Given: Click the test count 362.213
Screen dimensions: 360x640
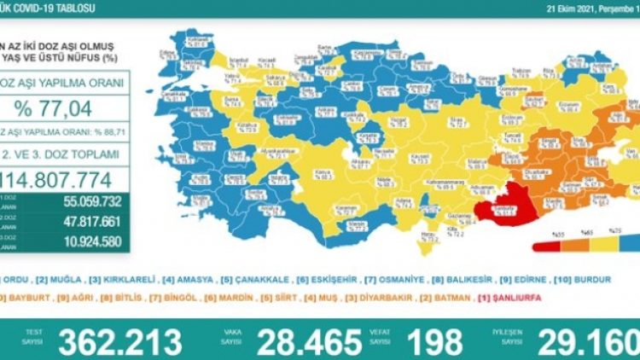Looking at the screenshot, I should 119,340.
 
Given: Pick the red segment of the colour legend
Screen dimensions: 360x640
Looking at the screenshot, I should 544,248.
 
